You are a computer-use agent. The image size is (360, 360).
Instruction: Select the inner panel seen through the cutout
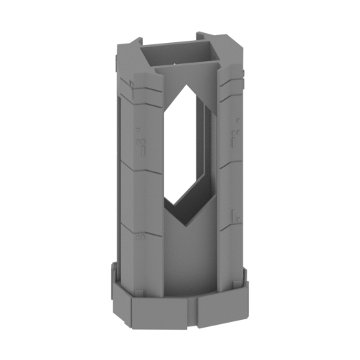pyautogui.click(x=190, y=148)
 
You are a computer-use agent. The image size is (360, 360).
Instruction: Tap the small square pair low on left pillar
pyautogui.click(x=141, y=238)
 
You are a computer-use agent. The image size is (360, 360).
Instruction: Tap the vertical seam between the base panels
pyautogui.click(x=193, y=309)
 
